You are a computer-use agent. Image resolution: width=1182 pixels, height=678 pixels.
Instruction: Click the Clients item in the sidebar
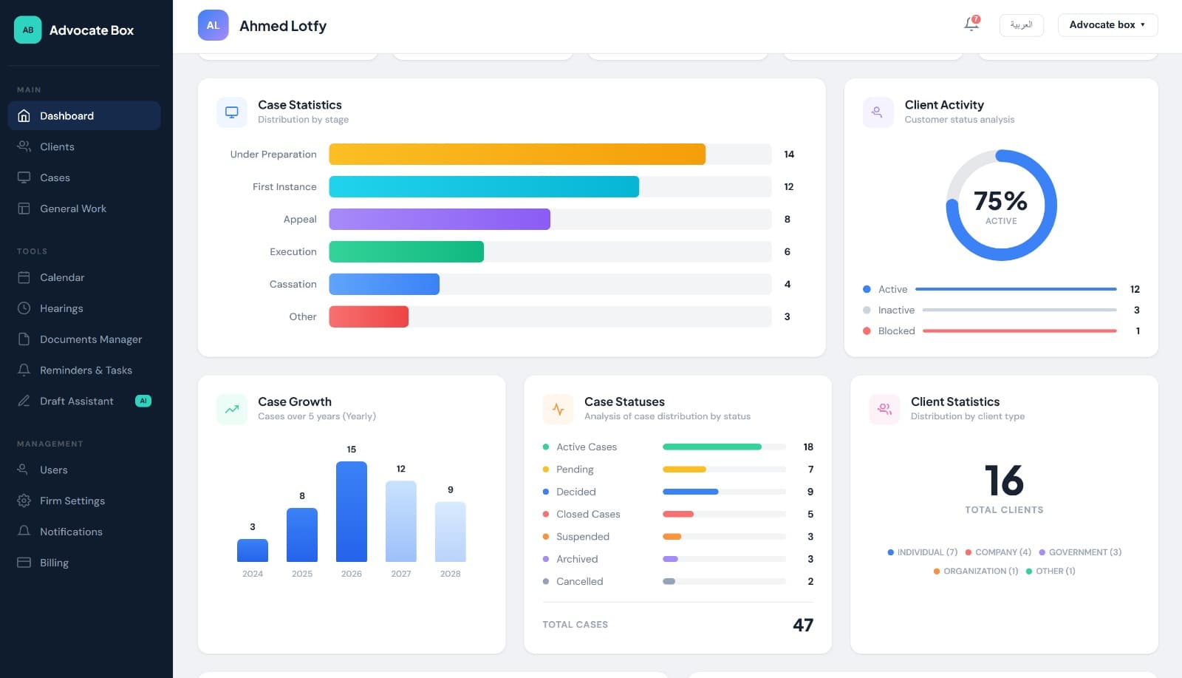click(57, 146)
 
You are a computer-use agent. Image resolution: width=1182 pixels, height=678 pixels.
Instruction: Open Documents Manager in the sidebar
click(90, 339)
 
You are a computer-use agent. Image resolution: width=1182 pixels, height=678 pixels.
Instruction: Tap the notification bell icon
click(971, 24)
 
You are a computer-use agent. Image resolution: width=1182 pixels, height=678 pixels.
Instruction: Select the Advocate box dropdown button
click(1107, 24)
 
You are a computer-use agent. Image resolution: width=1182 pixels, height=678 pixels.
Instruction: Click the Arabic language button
click(1021, 24)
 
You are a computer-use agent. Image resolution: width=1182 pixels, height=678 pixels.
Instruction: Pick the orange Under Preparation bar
click(516, 154)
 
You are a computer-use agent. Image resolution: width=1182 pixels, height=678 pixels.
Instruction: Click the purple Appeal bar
click(439, 219)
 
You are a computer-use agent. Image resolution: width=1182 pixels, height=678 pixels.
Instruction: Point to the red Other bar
click(368, 316)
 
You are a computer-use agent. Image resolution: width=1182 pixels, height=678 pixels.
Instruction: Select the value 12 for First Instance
click(788, 187)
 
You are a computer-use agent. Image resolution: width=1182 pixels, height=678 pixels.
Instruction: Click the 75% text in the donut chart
click(1000, 200)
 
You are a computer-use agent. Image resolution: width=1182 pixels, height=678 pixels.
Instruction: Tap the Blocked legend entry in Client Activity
click(895, 330)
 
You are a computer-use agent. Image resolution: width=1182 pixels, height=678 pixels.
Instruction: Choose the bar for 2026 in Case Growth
click(351, 511)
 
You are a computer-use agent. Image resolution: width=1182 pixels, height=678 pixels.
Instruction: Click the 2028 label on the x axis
click(450, 574)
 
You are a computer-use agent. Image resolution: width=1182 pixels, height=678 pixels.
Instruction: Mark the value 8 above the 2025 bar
click(301, 496)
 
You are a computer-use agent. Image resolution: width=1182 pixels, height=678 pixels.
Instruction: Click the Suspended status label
click(582, 537)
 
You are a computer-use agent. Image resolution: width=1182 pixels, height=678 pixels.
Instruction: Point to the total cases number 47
click(802, 625)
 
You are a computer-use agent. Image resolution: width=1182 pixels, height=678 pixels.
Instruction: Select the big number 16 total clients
click(1003, 481)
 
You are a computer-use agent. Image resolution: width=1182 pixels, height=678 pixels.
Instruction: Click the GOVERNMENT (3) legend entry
click(1084, 552)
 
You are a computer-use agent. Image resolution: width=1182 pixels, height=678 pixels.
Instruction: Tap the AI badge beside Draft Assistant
click(143, 401)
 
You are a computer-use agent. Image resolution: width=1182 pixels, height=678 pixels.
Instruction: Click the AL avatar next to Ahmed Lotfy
click(213, 25)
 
